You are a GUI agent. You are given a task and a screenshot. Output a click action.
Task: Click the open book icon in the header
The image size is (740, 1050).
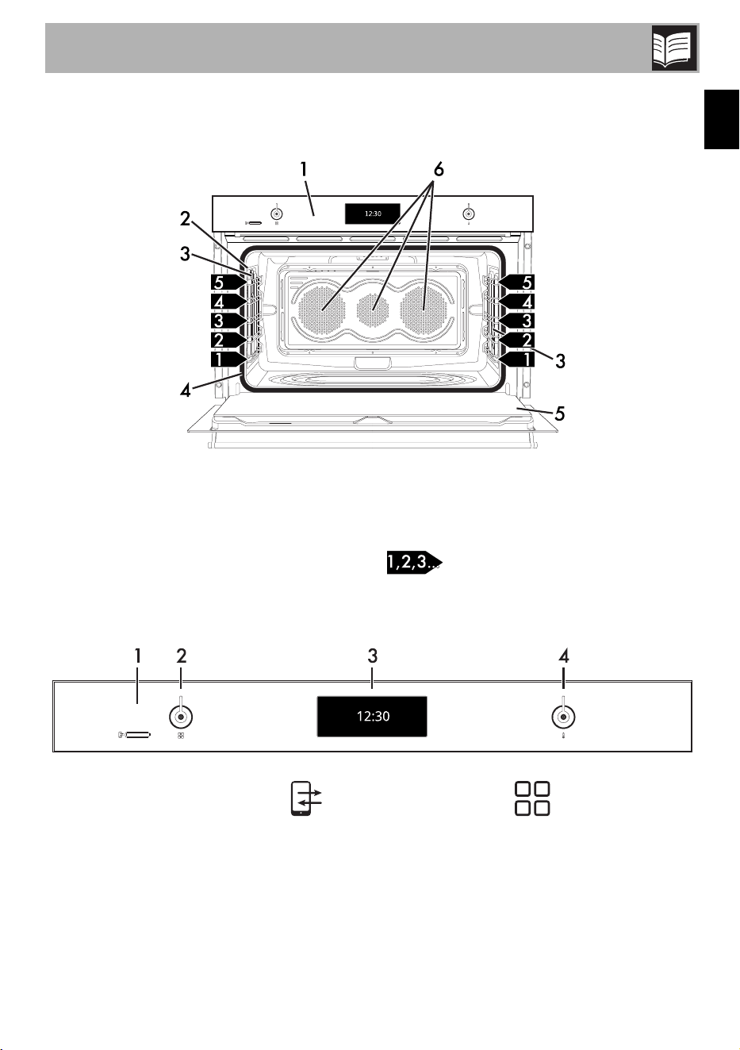click(x=674, y=48)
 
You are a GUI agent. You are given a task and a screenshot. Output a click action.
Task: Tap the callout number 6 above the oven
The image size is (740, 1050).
click(x=439, y=169)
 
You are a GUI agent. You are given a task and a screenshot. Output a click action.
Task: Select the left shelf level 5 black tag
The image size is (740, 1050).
click(x=228, y=283)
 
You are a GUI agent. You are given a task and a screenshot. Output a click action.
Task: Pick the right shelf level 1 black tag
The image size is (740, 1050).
click(x=516, y=359)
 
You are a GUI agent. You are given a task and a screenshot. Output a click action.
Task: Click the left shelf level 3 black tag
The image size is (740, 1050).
click(x=228, y=321)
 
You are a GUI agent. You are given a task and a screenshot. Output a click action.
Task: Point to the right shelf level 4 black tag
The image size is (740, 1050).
click(x=516, y=302)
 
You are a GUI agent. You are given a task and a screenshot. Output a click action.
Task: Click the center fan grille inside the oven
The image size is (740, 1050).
click(x=373, y=310)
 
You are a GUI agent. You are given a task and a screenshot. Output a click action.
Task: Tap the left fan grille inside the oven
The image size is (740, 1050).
click(x=322, y=310)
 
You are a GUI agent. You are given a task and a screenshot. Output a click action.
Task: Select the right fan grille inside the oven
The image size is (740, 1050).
click(x=424, y=310)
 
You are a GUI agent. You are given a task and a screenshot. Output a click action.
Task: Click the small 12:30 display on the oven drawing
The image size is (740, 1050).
click(x=373, y=213)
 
